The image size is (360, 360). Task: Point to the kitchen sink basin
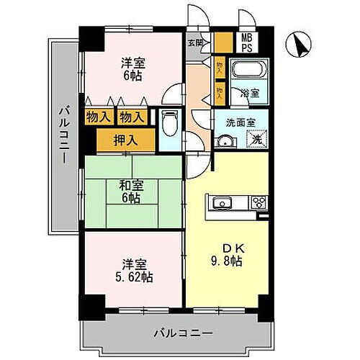pos(221,202)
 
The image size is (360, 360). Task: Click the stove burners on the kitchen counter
pos(258,202)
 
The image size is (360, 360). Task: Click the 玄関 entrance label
pos(194,42)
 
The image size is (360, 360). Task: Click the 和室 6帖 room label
pos(132,191)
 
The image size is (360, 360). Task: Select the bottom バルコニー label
pos(183,333)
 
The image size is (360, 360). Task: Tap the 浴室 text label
pos(255,93)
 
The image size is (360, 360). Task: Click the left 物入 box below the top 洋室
pos(99,116)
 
